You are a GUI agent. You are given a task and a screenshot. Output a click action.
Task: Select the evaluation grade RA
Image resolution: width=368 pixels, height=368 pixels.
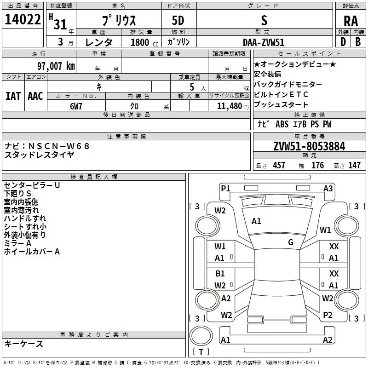pyautogui.click(x=351, y=21)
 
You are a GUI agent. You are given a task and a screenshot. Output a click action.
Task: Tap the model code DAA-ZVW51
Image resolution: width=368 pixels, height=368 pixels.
pyautogui.click(x=264, y=42)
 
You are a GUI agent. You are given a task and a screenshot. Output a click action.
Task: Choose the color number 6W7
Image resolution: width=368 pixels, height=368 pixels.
pyautogui.click(x=76, y=105)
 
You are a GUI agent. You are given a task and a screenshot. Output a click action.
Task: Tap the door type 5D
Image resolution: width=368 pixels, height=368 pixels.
pyautogui.click(x=178, y=21)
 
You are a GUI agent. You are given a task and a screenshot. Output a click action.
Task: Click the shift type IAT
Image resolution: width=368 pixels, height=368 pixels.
pyautogui.click(x=13, y=96)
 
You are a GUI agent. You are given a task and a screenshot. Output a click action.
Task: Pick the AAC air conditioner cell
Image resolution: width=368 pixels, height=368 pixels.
pyautogui.click(x=35, y=96)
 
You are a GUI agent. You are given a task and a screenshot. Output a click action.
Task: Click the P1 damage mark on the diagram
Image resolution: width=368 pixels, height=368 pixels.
pyautogui.click(x=225, y=188)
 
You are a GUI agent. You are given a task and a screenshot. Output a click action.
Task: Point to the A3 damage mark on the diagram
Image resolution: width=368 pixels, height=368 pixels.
pyautogui.click(x=328, y=188)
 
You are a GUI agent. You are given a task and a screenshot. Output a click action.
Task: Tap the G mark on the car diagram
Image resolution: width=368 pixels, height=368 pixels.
pyautogui.click(x=291, y=242)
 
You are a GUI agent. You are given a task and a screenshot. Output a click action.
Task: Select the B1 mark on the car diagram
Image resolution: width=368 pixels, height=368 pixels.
pyautogui.click(x=220, y=273)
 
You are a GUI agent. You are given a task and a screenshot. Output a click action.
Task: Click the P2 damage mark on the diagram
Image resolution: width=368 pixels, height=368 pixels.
pyautogui.click(x=328, y=315)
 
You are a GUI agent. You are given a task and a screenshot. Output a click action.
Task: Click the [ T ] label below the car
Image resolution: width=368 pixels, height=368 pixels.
pyautogui.click(x=201, y=352)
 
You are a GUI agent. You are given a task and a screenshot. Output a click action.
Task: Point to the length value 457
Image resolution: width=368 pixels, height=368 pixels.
pyautogui.click(x=279, y=166)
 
